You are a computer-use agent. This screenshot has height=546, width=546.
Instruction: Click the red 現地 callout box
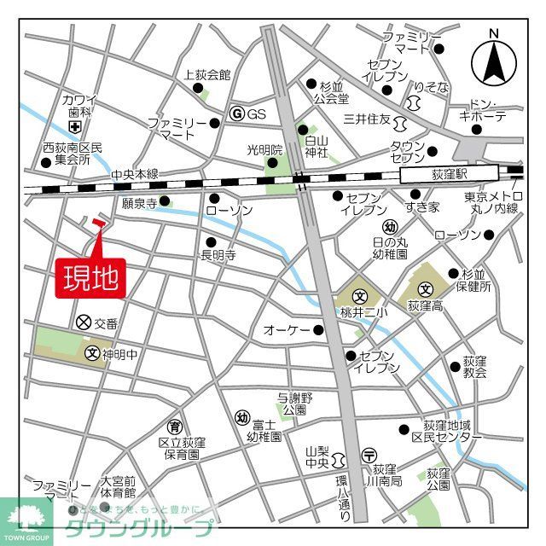[x=90, y=277]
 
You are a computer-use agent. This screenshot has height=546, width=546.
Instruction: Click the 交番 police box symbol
[x=83, y=322]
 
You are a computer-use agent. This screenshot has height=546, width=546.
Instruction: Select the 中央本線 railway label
[x=134, y=175]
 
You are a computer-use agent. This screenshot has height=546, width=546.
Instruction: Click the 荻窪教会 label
[x=474, y=367]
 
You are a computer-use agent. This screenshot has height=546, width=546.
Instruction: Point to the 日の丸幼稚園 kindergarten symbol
[x=390, y=227]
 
